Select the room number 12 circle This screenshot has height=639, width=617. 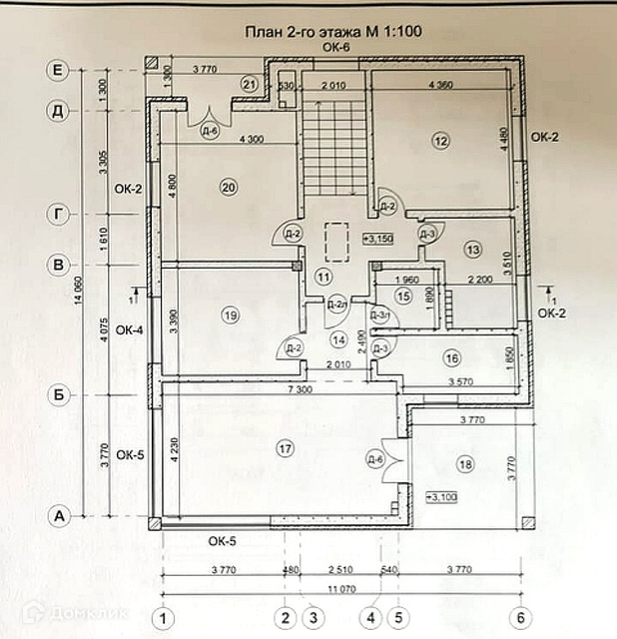click(441, 142)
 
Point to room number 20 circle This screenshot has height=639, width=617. click(228, 187)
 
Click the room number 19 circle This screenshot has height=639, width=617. click(231, 316)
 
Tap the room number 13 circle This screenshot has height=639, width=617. click(472, 249)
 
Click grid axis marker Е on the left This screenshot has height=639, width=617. click(58, 70)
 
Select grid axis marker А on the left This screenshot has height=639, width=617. click(58, 516)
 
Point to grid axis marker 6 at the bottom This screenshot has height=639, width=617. click(519, 616)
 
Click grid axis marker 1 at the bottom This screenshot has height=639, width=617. click(164, 616)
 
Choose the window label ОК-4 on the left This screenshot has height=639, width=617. click(129, 329)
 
